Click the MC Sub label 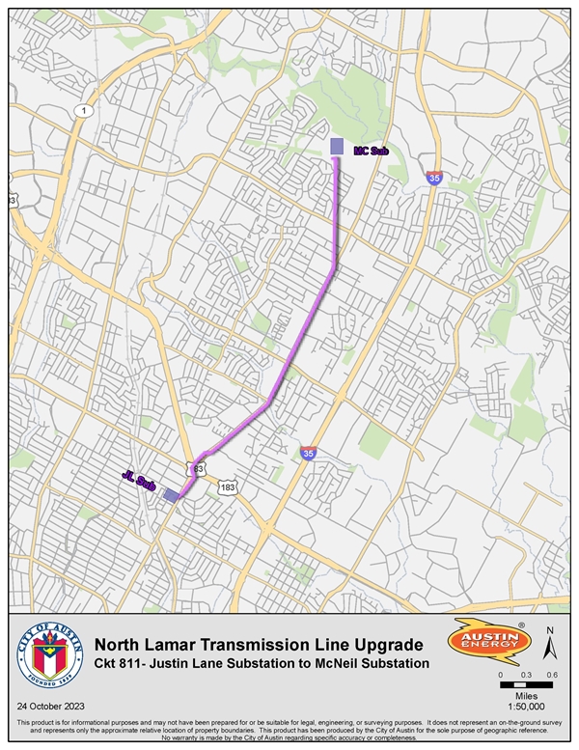370,152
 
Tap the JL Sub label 139,480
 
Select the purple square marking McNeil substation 337,146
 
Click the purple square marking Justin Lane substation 170,495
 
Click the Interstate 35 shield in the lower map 307,453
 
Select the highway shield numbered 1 84,112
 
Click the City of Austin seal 50,657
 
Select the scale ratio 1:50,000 526,706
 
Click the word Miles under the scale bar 526,695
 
